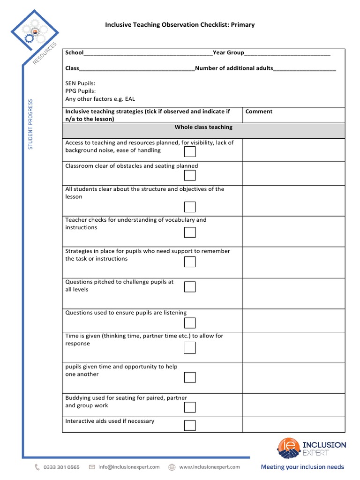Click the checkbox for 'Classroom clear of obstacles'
(190, 175)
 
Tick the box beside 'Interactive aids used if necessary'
(190, 425)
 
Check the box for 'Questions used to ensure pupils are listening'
(190, 322)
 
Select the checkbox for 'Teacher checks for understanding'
(190, 232)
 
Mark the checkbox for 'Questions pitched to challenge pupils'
(190, 287)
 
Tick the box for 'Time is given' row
(190, 347)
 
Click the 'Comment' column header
(259, 112)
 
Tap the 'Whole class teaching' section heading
(203, 127)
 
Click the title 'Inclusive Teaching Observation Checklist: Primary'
(180, 24)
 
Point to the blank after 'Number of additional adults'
(304, 68)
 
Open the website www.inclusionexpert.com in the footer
(209, 467)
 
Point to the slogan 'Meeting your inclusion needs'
(302, 467)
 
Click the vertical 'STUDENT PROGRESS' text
(31, 124)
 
